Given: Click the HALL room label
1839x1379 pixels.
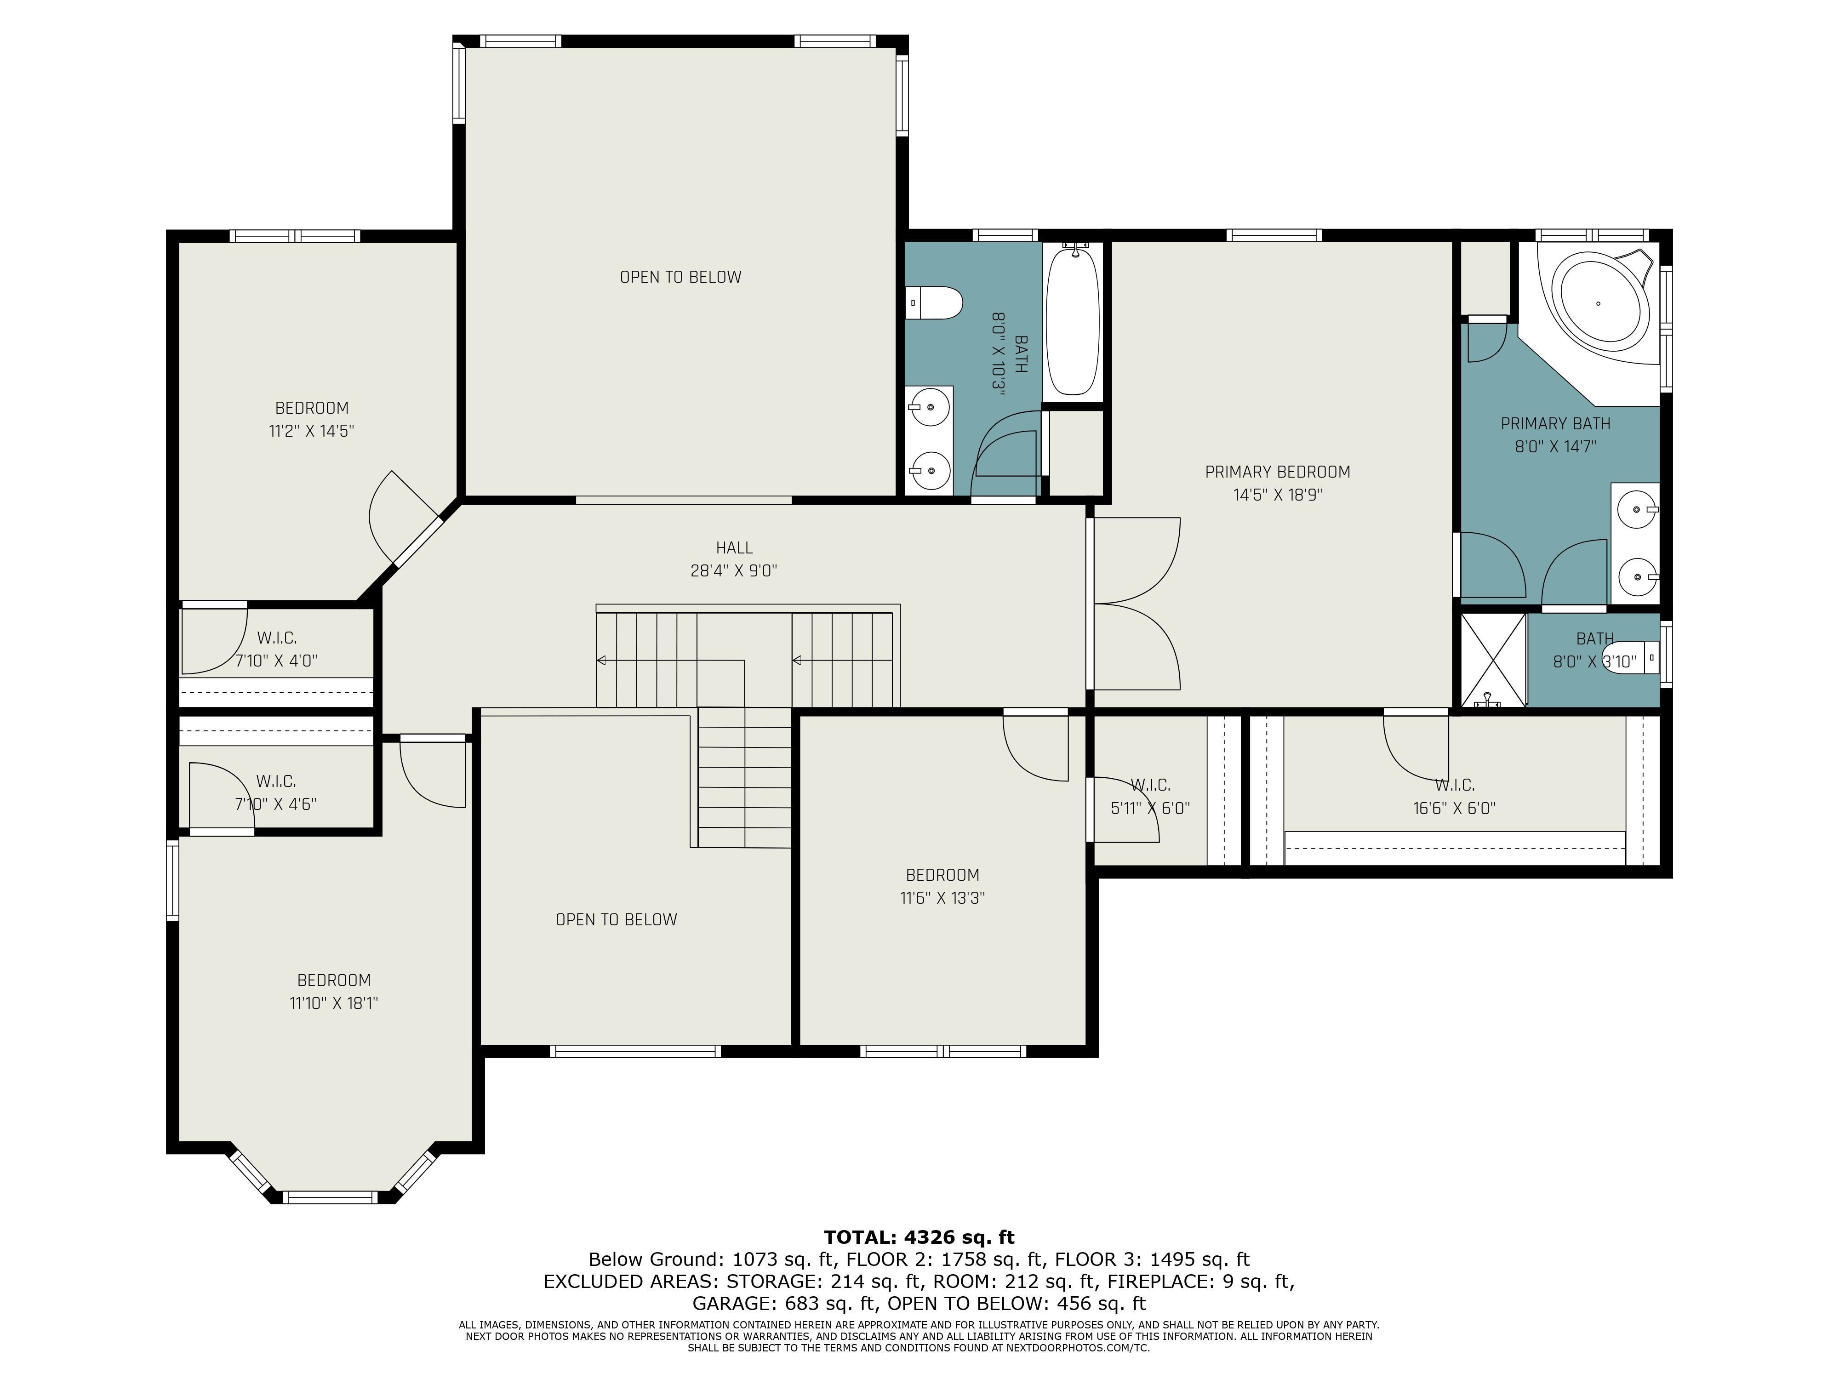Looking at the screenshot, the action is point(734,548).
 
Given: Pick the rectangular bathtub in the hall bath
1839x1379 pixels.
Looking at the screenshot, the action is point(1074,323).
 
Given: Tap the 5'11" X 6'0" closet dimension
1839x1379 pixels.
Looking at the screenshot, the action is point(1151,808).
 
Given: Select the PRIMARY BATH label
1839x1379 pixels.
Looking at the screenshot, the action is point(1555,424).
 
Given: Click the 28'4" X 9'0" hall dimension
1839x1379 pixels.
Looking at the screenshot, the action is point(734,571).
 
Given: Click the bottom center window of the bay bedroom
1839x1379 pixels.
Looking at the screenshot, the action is point(330,1198).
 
